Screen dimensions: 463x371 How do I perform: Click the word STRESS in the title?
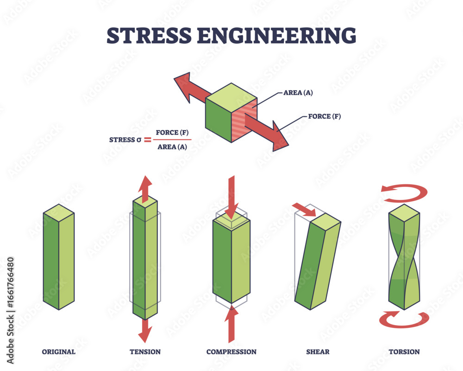[x=149, y=36]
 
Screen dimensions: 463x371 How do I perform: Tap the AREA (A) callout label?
[x=298, y=93]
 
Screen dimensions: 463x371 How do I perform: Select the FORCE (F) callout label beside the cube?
[x=324, y=116]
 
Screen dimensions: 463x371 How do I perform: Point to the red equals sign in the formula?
[x=147, y=140]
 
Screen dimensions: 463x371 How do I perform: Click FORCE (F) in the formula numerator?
[x=172, y=132]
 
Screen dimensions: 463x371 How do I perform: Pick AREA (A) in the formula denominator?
[x=172, y=147]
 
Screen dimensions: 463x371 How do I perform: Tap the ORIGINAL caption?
[x=58, y=352]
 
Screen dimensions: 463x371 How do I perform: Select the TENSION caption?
[x=145, y=352]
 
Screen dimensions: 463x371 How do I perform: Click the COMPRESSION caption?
[x=231, y=352]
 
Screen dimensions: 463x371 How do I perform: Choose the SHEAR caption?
[x=318, y=352]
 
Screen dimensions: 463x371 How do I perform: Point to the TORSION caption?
[x=404, y=352]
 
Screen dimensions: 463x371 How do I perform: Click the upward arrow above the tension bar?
[x=145, y=189]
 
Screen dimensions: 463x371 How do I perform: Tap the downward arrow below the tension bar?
[x=145, y=331]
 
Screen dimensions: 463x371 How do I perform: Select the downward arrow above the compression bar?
[x=231, y=198]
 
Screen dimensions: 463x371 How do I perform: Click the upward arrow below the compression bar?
[x=231, y=324]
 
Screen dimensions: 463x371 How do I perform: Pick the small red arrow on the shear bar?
[x=304, y=210]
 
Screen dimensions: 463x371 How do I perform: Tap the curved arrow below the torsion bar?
[x=404, y=325]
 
